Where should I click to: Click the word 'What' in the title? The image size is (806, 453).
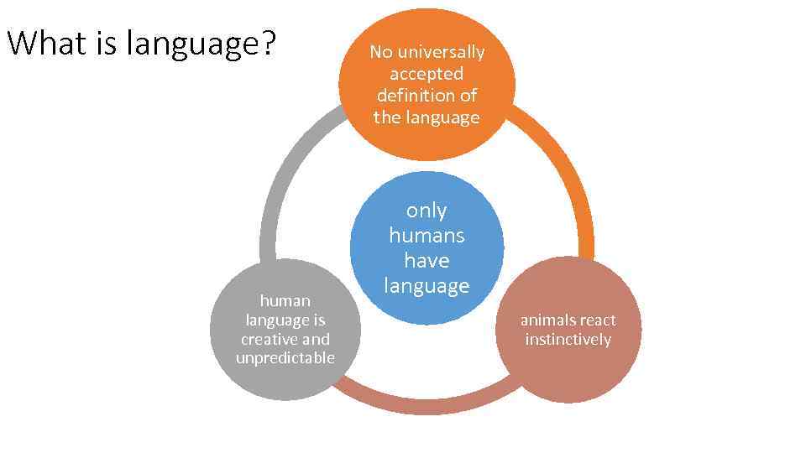(x=46, y=43)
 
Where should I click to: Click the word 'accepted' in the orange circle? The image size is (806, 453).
(x=427, y=74)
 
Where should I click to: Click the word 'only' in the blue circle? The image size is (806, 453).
(x=427, y=210)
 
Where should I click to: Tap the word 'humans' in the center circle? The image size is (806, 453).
(x=427, y=235)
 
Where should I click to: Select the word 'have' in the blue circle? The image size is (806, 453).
(x=427, y=260)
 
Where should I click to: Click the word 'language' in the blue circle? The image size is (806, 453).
(x=427, y=286)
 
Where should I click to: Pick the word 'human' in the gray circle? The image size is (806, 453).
(x=285, y=300)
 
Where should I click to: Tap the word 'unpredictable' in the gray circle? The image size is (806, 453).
(x=285, y=358)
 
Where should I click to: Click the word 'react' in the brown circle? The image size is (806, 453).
(x=597, y=320)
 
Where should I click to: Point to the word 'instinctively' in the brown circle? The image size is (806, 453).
(x=568, y=339)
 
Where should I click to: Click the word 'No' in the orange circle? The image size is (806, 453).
(x=381, y=52)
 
